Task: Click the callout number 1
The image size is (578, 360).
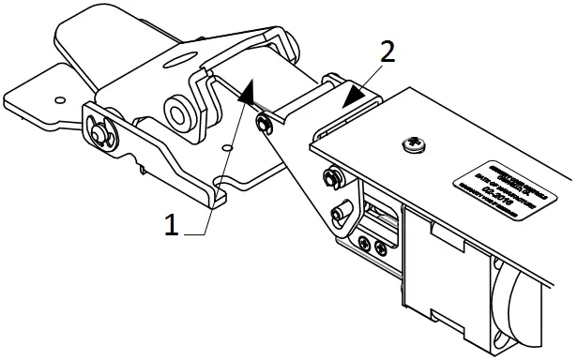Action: pos(171,224)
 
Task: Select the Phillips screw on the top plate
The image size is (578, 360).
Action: pos(410,143)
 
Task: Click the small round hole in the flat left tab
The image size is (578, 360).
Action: pos(59,97)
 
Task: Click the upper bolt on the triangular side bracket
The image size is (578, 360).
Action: pos(330,175)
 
